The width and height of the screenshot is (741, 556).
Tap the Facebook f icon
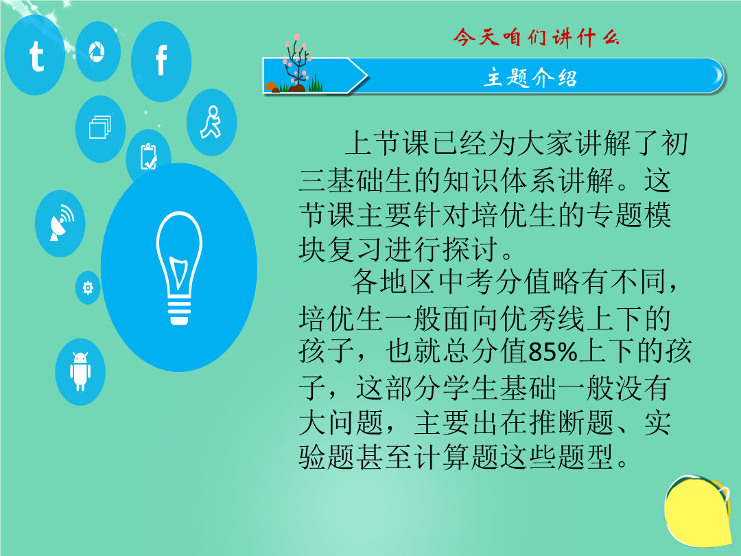[161, 61]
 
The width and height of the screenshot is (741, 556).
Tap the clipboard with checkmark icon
[148, 156]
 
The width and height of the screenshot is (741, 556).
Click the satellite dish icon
[60, 223]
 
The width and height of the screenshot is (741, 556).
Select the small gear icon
[88, 288]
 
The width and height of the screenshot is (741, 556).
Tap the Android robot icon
[80, 371]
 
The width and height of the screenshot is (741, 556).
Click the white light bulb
[179, 268]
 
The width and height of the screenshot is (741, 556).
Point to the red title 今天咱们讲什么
[536, 37]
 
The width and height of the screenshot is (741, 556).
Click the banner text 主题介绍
[530, 78]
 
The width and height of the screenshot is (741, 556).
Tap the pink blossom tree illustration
[295, 63]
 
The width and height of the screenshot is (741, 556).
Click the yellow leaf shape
[698, 511]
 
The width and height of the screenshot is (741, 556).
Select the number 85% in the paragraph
[554, 352]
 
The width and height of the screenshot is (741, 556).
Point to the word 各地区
[394, 282]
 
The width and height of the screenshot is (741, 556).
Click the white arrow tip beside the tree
[366, 76]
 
